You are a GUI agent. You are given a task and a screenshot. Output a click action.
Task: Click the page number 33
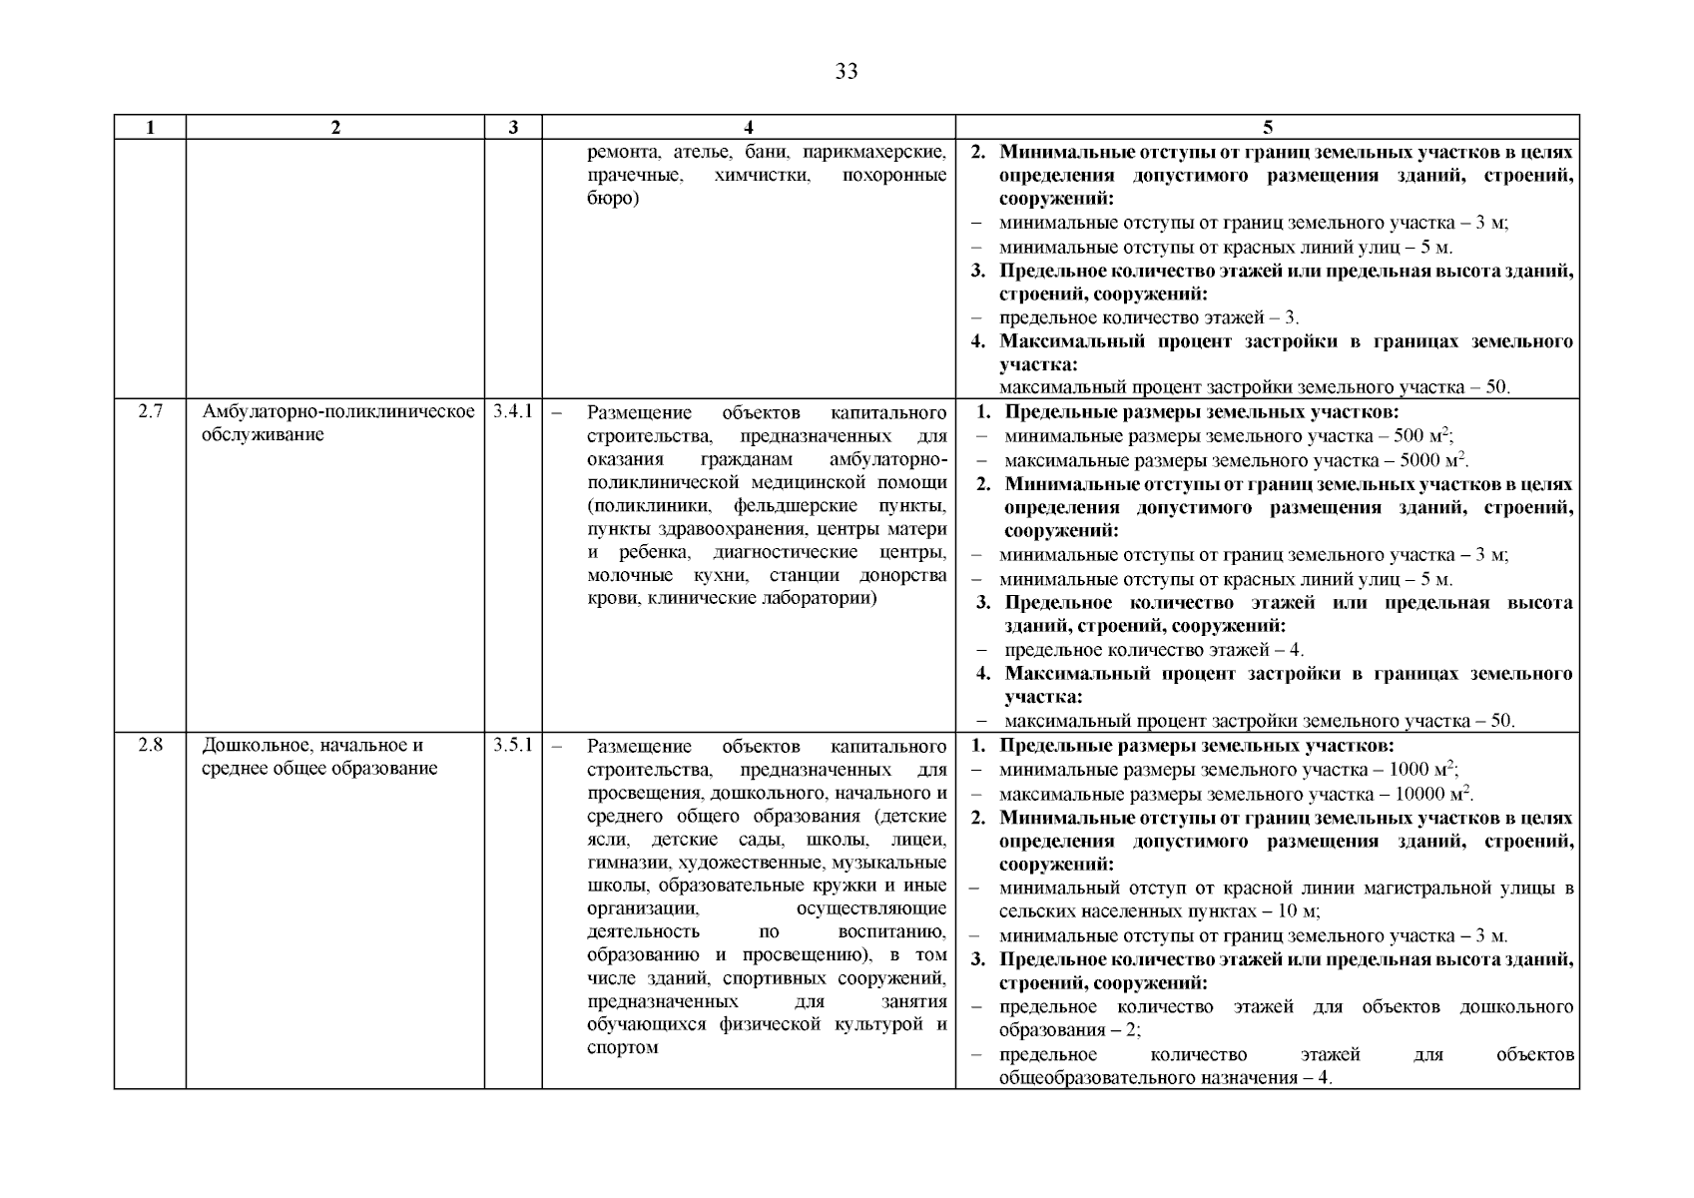846,72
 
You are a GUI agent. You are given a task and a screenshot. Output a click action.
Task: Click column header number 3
513,127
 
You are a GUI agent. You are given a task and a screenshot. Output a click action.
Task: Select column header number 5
1268,127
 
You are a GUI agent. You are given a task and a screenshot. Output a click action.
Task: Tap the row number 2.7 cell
150,411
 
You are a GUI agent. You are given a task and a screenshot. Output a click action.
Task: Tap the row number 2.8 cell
150,745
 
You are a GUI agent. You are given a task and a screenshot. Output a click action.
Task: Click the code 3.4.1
513,411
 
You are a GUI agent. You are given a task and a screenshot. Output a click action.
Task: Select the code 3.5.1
513,745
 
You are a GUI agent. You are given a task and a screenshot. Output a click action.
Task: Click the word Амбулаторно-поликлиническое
338,411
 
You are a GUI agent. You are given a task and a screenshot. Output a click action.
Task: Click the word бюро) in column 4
613,198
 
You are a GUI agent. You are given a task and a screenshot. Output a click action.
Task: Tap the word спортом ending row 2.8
623,1047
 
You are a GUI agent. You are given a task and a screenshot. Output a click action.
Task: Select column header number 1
150,127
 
